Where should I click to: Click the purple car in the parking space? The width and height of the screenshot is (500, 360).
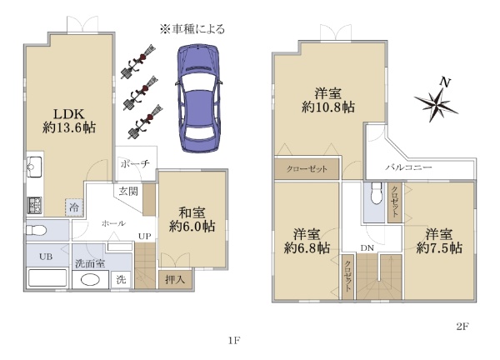tap(198, 98)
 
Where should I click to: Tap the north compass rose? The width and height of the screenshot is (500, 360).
tap(437, 102)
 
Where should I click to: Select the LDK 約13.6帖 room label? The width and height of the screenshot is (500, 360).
tap(69, 121)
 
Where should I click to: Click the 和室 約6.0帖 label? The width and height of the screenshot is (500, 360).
tap(192, 220)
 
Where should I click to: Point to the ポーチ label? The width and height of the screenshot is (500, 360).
tap(135, 164)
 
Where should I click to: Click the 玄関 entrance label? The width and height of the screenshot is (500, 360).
tap(128, 192)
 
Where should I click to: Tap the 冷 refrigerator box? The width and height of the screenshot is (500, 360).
tap(74, 207)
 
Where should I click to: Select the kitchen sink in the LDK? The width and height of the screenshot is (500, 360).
tap(34, 167)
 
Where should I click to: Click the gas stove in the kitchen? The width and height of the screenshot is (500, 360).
tap(34, 205)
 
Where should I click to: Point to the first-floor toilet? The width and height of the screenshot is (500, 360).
tap(36, 230)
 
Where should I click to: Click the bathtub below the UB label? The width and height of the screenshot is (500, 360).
tap(47, 277)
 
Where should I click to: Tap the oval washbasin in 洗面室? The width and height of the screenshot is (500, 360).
tap(91, 280)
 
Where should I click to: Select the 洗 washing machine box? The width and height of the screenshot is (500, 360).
tap(121, 280)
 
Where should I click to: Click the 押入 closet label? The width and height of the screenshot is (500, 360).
tap(175, 280)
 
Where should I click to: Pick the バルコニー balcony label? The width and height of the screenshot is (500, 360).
tap(408, 167)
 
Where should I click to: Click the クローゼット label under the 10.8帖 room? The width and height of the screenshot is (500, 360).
tap(307, 168)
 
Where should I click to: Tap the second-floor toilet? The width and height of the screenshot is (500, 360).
tap(377, 193)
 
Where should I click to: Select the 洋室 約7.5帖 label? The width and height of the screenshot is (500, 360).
tap(439, 241)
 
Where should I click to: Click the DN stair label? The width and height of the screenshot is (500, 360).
tap(367, 247)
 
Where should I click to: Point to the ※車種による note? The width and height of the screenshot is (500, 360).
tap(192, 29)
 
